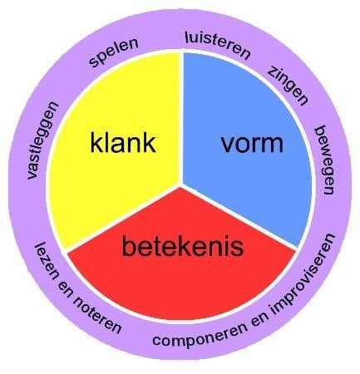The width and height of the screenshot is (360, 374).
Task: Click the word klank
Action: pos(123,143)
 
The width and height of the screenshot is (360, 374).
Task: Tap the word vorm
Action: pos(252,143)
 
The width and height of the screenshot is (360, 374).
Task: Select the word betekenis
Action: pos(183,246)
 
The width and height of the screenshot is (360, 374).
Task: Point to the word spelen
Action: pos(114,52)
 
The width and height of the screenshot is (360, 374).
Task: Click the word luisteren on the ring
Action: pos(218,46)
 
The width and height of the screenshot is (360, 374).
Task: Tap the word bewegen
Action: pos(324,160)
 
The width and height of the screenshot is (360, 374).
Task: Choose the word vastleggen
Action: pos(43,140)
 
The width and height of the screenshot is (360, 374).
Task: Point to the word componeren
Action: pos(200,334)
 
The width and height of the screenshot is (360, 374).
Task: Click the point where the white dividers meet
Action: pos(181,185)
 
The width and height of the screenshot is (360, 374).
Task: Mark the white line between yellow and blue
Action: pos(181,118)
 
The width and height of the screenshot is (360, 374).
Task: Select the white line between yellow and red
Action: pos(124,218)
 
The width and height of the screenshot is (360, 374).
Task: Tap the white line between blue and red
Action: pos(239,217)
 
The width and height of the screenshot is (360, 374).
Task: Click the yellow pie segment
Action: pos(116,155)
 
